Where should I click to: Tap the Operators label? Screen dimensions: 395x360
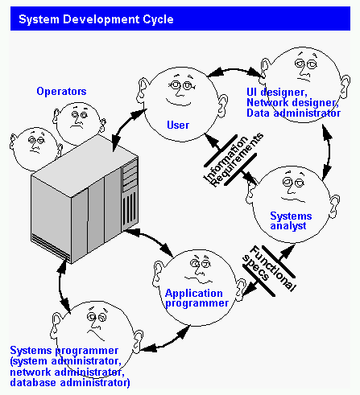click(x=61, y=91)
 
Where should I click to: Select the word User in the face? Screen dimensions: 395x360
click(x=177, y=125)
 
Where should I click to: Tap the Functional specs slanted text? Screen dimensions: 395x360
click(x=270, y=268)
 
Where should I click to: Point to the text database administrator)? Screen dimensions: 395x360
click(x=70, y=384)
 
